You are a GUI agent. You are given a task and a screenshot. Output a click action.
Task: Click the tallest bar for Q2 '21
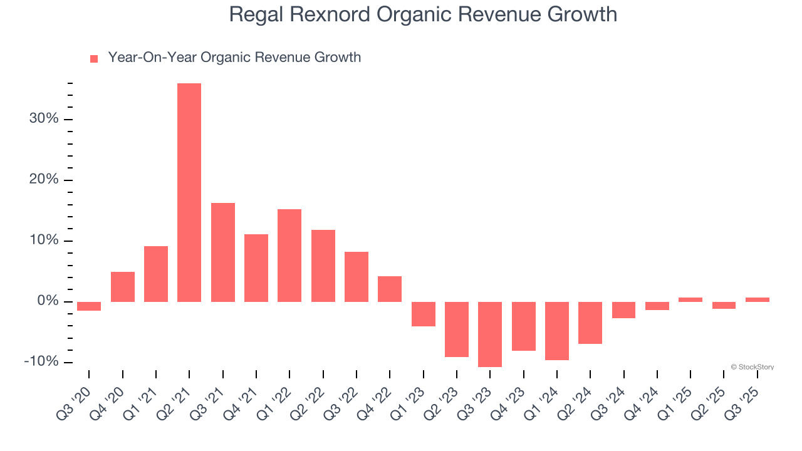(189, 192)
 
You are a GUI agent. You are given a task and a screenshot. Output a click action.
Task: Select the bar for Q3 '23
(490, 334)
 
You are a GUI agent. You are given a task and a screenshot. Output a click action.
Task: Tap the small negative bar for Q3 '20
(89, 306)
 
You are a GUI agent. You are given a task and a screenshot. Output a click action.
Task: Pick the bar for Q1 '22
(289, 256)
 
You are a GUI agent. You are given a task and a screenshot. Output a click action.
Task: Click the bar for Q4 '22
(390, 289)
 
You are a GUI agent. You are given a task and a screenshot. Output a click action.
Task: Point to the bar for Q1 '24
(557, 331)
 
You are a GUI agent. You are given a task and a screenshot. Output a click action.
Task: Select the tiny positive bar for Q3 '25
(758, 299)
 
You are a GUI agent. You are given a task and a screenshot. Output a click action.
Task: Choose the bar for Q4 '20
(123, 287)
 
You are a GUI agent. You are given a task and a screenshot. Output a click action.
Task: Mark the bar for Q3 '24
(624, 310)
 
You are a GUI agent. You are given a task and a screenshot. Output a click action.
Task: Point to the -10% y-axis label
(41, 362)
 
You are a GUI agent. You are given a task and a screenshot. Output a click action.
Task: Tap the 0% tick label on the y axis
(48, 301)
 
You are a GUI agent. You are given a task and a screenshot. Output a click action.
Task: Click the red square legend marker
(94, 58)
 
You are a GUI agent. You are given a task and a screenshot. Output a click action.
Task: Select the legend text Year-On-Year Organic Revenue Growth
(234, 58)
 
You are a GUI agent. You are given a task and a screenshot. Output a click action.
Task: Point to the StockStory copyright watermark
(752, 367)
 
